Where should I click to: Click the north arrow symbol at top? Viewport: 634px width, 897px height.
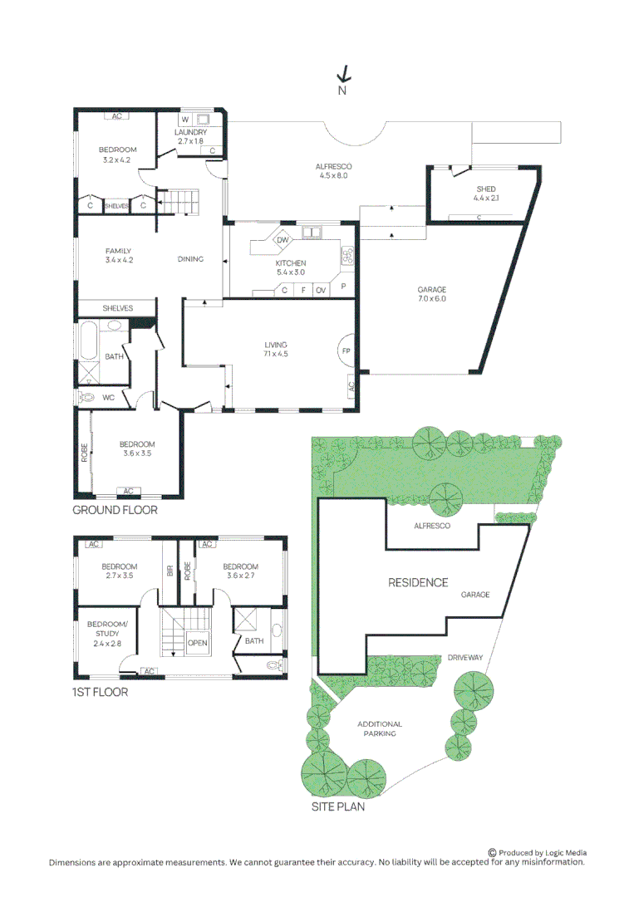(343, 74)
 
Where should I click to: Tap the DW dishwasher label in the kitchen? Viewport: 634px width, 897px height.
(283, 240)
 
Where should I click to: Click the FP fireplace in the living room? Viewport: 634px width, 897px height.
(346, 350)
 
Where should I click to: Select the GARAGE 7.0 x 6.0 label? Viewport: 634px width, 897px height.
(432, 294)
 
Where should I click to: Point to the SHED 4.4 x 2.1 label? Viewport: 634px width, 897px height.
(486, 194)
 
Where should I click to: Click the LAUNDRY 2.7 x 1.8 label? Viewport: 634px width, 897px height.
(190, 136)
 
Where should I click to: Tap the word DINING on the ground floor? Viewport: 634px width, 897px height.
(190, 259)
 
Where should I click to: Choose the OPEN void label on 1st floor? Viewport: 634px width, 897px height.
(198, 643)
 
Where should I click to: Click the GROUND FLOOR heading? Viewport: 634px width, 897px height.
(115, 510)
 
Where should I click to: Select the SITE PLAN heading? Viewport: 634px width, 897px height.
(338, 806)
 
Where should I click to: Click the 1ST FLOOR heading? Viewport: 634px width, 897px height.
(101, 692)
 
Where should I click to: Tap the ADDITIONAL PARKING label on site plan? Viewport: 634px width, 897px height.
(380, 728)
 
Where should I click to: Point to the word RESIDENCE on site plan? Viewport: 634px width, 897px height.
(418, 582)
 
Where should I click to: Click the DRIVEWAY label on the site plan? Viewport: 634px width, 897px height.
(465, 658)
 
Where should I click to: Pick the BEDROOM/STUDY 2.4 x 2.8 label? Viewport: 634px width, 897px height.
(107, 633)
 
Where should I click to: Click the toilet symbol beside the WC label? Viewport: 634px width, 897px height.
(87, 396)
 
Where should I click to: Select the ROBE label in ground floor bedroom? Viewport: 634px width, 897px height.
(85, 453)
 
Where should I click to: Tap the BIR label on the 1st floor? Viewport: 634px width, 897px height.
(170, 571)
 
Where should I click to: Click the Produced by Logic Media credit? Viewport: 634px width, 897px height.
(538, 852)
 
